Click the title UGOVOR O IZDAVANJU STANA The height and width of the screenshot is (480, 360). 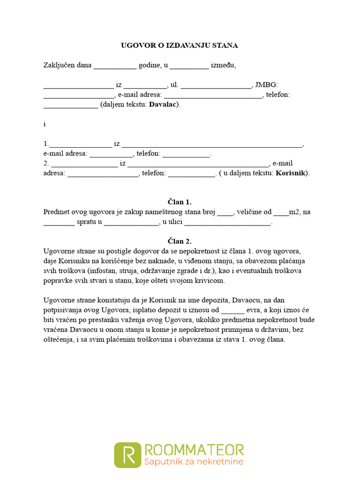pyautogui.click(x=180, y=45)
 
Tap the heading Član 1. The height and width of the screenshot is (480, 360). pyautogui.click(x=180, y=202)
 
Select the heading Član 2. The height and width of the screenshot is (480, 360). pyautogui.click(x=180, y=241)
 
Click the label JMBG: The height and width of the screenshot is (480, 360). pyautogui.click(x=266, y=85)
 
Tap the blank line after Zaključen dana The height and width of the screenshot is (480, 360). pyautogui.click(x=115, y=66)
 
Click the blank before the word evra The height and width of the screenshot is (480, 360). pyautogui.click(x=232, y=310)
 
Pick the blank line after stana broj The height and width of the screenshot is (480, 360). pyautogui.click(x=225, y=212)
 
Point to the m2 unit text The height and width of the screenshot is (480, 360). pyautogui.click(x=294, y=212)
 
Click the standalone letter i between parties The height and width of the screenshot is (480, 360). pyautogui.click(x=45, y=124)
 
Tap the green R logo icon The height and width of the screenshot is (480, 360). pyautogui.click(x=127, y=454)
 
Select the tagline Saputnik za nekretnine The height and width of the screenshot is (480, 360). pyautogui.click(x=194, y=462)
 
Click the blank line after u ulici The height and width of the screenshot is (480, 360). pyautogui.click(x=230, y=223)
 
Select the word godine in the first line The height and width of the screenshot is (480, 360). pyautogui.click(x=149, y=65)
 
